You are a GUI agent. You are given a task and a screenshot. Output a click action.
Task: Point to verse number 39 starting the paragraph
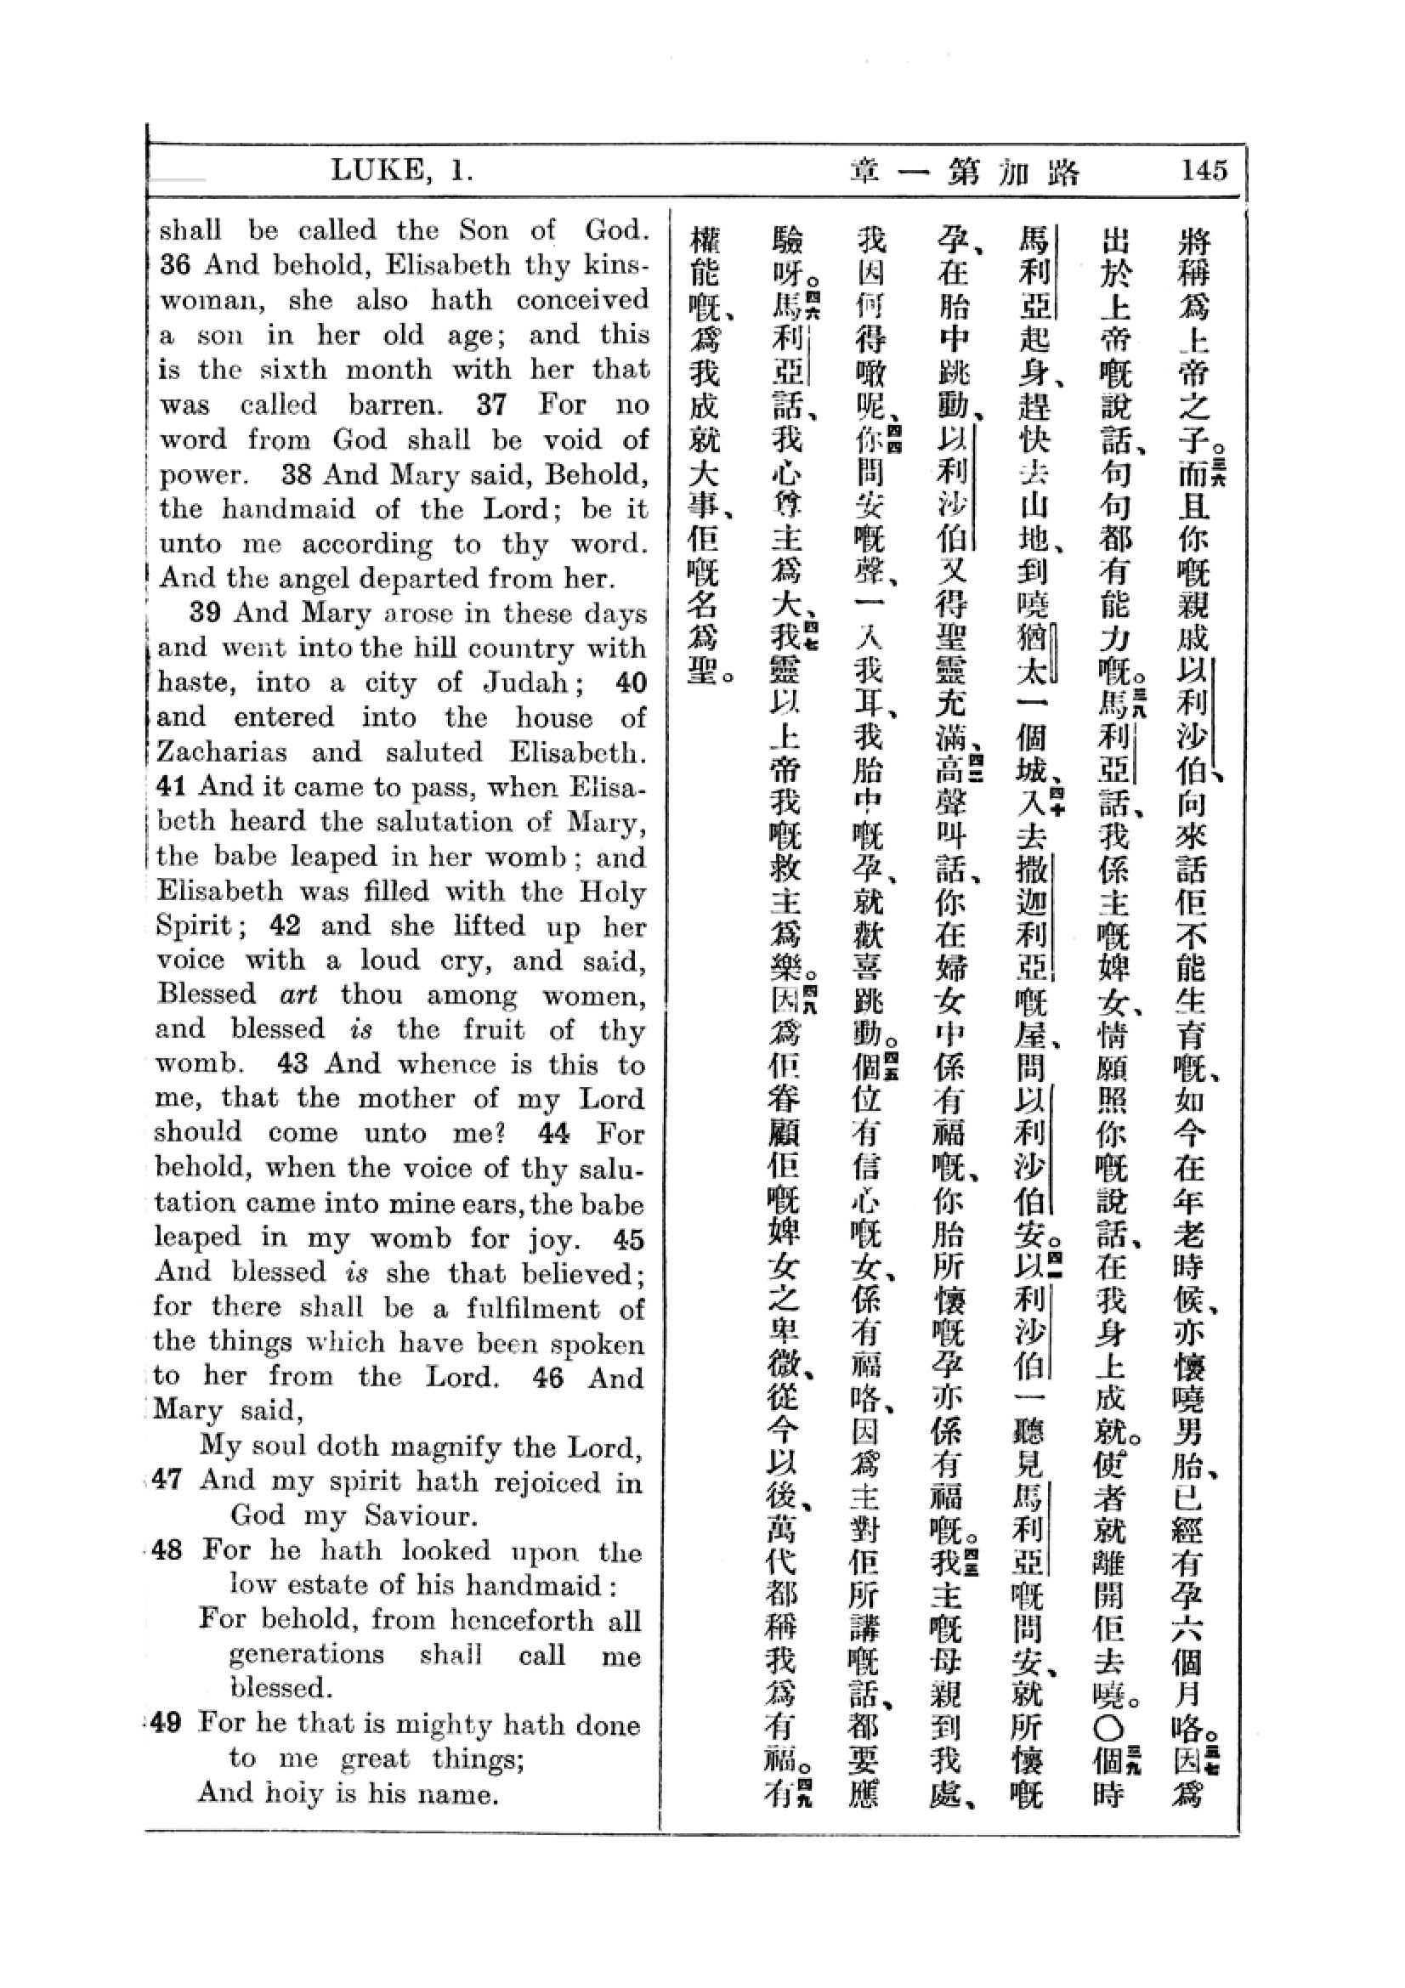pyautogui.click(x=204, y=613)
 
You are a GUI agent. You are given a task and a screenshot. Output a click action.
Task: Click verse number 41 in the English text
pyautogui.click(x=172, y=786)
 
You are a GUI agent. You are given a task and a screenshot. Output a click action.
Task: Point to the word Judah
pyautogui.click(x=525, y=682)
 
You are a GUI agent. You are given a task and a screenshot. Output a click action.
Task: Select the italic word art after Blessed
pyautogui.click(x=298, y=994)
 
